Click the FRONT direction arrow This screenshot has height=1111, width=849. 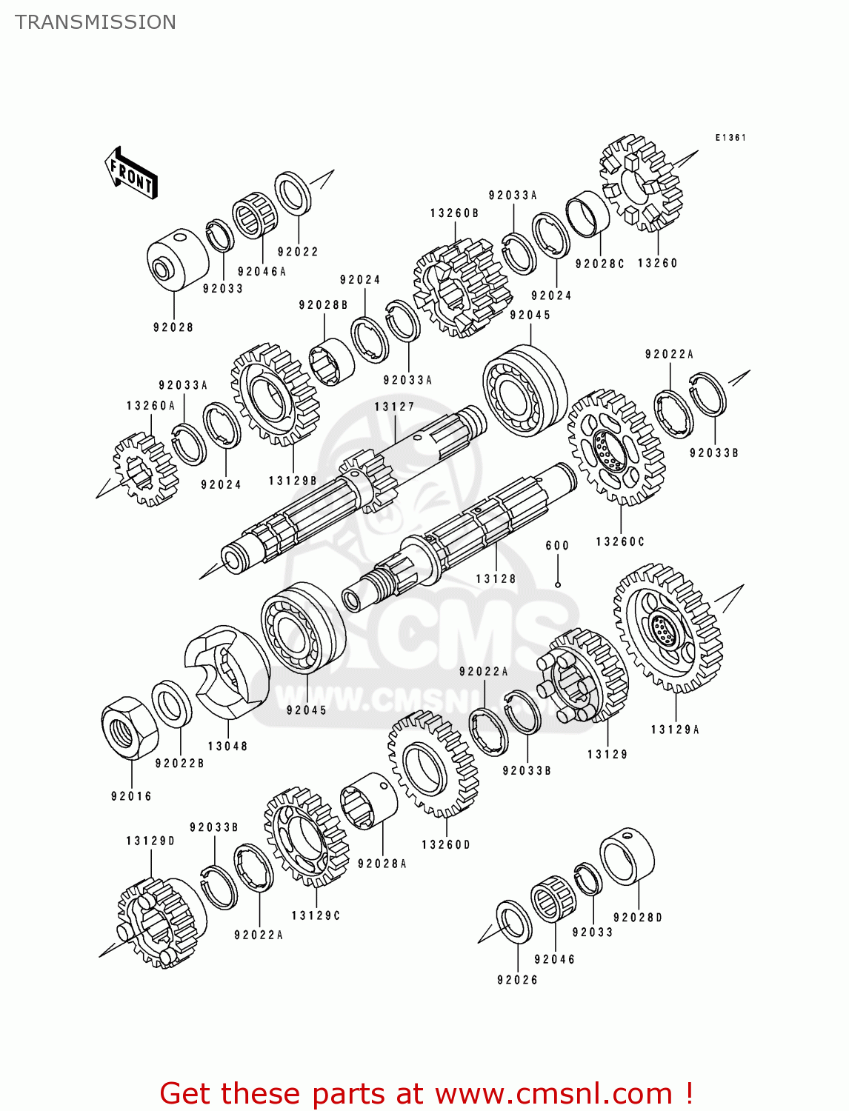(131, 173)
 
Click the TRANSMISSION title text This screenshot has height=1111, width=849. (96, 22)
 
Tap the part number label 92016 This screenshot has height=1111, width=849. (131, 796)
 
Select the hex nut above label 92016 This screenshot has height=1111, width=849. (130, 727)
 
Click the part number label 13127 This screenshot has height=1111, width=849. (394, 407)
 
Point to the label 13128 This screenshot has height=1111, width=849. (496, 578)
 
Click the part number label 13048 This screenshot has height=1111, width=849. (227, 746)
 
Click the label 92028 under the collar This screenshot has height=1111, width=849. (173, 327)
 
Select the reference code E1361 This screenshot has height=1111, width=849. (730, 138)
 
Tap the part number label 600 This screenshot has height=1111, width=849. (557, 546)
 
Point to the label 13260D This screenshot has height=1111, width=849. (446, 844)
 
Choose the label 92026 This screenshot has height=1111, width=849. (517, 980)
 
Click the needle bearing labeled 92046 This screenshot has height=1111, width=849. (553, 898)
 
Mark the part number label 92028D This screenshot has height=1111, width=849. (638, 917)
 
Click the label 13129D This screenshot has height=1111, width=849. (150, 841)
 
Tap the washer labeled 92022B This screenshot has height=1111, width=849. (172, 704)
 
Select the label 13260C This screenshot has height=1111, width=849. (620, 541)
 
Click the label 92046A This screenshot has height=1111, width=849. (262, 272)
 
